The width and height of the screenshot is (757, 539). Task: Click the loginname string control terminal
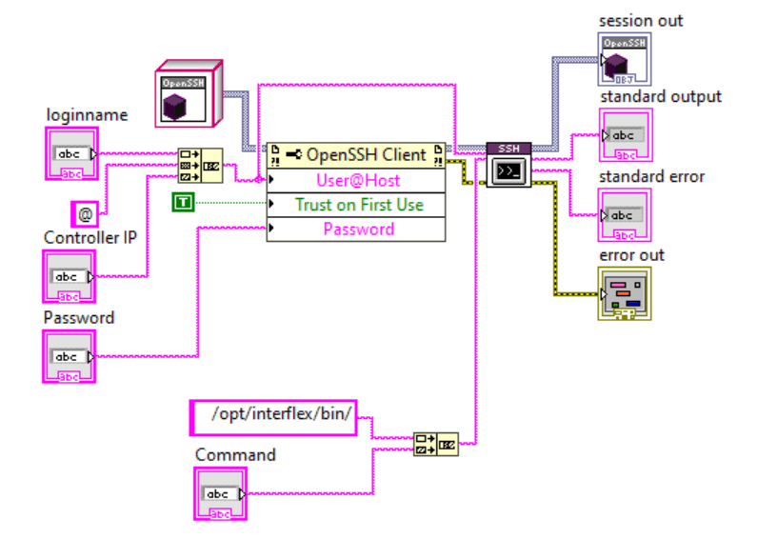70,154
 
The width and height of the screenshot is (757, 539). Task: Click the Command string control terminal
220,493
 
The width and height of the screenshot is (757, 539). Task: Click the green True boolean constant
183,201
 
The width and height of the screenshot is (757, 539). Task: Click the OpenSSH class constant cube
188,93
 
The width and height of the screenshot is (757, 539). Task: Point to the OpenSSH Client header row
356,155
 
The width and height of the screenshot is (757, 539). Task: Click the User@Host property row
356,180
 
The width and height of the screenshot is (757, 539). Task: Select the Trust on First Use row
356,205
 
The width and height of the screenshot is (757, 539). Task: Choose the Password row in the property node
356,230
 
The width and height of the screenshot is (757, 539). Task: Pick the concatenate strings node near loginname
200,165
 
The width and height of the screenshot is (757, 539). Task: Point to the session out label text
641,20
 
